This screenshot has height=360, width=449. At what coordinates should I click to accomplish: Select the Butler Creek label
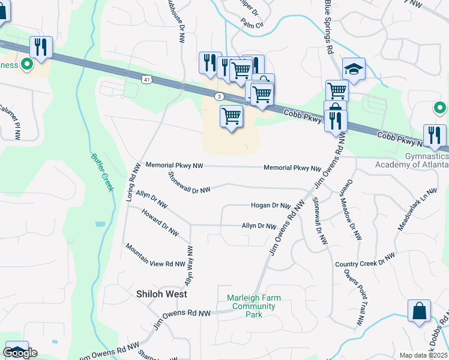click(102, 172)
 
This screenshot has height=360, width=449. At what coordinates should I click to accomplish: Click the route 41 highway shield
click(146, 79)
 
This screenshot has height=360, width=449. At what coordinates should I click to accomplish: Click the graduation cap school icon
click(354, 70)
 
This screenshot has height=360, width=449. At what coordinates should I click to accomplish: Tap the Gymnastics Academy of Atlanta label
click(411, 160)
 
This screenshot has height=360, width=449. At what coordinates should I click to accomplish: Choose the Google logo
click(20, 353)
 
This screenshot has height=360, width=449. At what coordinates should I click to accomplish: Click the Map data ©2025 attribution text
click(424, 355)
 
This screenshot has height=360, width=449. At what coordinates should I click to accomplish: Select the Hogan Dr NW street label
click(271, 205)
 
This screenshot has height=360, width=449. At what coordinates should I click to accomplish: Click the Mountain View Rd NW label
click(155, 256)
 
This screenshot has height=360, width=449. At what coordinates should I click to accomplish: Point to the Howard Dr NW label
click(160, 222)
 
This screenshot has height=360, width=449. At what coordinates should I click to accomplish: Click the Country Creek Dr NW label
click(365, 260)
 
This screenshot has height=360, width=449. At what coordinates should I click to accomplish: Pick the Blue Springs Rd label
click(328, 27)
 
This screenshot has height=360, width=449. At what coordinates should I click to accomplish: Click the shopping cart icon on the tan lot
click(231, 116)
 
